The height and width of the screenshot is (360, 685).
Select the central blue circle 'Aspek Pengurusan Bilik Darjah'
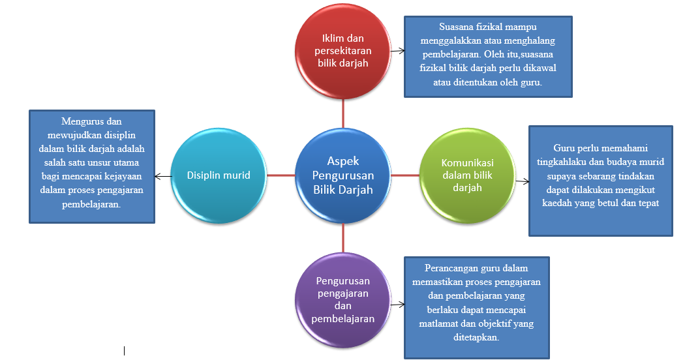point(343,175)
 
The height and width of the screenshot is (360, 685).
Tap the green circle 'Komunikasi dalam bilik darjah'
point(466,175)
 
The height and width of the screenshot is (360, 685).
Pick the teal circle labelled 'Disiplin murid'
point(218,175)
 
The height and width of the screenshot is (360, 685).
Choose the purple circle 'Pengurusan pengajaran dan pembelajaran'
point(343,299)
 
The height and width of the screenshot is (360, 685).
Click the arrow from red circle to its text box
point(398,50)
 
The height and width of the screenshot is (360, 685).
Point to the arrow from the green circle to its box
point(522,181)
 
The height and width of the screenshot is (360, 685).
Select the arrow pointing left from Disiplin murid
point(162,175)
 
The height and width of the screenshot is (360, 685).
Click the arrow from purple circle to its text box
point(397,299)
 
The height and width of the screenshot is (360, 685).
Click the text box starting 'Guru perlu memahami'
point(600,180)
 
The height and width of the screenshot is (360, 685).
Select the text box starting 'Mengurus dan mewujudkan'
point(92,166)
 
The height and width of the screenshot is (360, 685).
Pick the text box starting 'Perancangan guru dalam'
point(476,307)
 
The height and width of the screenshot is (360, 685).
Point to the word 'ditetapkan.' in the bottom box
point(476,338)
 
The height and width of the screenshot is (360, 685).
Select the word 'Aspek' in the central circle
point(343,161)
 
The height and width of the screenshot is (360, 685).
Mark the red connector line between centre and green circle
point(405,175)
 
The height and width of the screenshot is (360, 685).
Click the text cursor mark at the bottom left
point(124,351)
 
